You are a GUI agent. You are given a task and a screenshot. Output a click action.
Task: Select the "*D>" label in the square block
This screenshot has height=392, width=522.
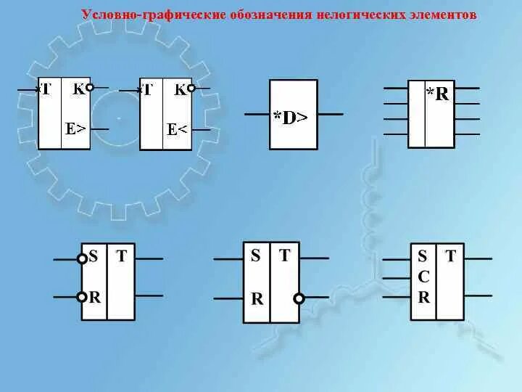tap(291, 118)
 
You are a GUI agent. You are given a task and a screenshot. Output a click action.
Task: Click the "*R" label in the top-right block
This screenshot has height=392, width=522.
tap(438, 94)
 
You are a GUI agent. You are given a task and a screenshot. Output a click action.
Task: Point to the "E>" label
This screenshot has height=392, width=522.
tap(75, 129)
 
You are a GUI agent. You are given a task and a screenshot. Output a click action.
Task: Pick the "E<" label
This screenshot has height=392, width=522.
tap(178, 129)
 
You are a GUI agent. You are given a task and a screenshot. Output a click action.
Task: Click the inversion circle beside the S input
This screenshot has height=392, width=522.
tap(83, 258)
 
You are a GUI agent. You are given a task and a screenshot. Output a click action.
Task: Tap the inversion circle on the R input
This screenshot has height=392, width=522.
tap(83, 296)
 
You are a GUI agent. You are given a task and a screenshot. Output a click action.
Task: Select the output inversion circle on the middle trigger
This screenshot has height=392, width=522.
tap(299, 298)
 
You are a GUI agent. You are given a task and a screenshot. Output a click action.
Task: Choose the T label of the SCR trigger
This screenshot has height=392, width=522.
tap(451, 256)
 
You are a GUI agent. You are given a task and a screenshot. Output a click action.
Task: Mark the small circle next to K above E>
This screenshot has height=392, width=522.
tap(89, 89)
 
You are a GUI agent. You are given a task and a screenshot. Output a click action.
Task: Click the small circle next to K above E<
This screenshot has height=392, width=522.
tap(191, 89)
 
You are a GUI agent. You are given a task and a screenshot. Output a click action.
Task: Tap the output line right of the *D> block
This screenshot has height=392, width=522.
tap(331, 115)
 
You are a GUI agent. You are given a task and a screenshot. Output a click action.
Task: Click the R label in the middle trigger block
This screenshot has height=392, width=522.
tap(256, 298)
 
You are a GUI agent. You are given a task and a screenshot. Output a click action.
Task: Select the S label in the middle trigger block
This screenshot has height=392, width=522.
tap(255, 256)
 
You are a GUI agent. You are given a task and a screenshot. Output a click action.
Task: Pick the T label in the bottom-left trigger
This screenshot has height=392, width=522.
tap(121, 256)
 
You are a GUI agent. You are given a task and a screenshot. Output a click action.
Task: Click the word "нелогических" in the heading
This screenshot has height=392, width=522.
tap(352, 15)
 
